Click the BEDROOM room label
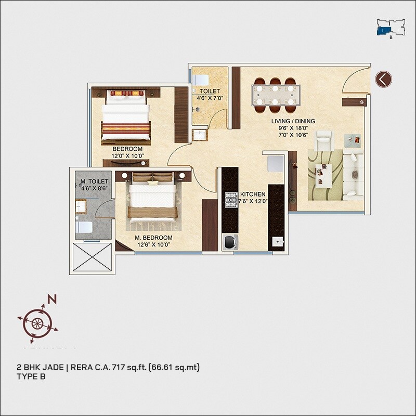[x=127, y=149]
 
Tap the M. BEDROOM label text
[x=153, y=238]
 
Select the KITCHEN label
[x=253, y=194]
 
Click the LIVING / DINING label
[x=293, y=122]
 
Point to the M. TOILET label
[x=94, y=181]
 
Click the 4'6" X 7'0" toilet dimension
[x=210, y=98]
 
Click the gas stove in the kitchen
[x=230, y=199]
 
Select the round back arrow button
[x=384, y=79]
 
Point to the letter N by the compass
[x=52, y=300]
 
